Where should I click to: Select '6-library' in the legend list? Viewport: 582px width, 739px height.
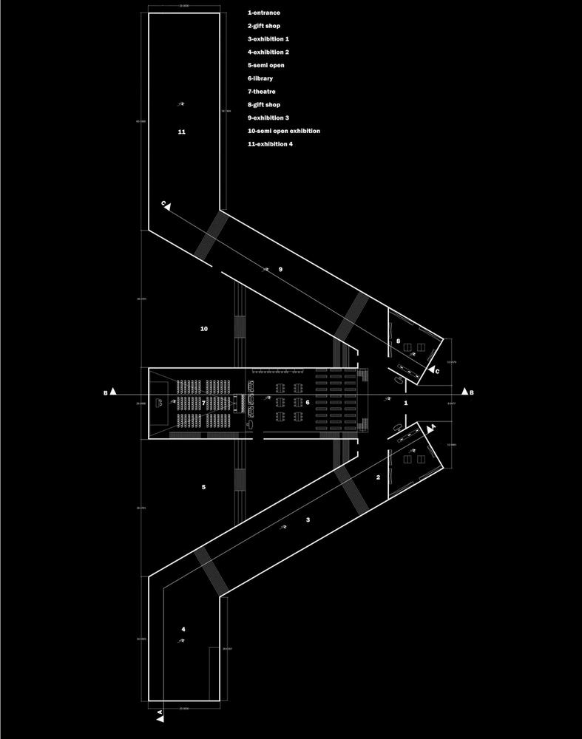[263, 78]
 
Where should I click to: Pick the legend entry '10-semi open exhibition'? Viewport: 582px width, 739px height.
[284, 131]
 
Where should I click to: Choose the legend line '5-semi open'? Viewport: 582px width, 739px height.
[266, 66]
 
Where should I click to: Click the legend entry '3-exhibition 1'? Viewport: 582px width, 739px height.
[268, 39]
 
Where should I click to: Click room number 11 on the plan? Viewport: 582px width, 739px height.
[182, 132]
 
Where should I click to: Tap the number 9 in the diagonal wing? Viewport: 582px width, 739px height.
[281, 270]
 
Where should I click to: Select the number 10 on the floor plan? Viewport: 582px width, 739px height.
[204, 328]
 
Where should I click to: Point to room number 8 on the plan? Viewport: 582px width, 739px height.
[398, 341]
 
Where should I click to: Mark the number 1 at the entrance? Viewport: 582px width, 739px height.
[405, 403]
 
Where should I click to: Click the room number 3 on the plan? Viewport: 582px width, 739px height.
[308, 520]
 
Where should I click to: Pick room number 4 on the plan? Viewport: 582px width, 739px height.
[183, 630]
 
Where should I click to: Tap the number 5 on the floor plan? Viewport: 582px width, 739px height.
[203, 487]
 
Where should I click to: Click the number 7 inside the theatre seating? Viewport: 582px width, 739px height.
[203, 403]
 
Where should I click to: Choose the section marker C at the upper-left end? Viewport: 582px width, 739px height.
[164, 203]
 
